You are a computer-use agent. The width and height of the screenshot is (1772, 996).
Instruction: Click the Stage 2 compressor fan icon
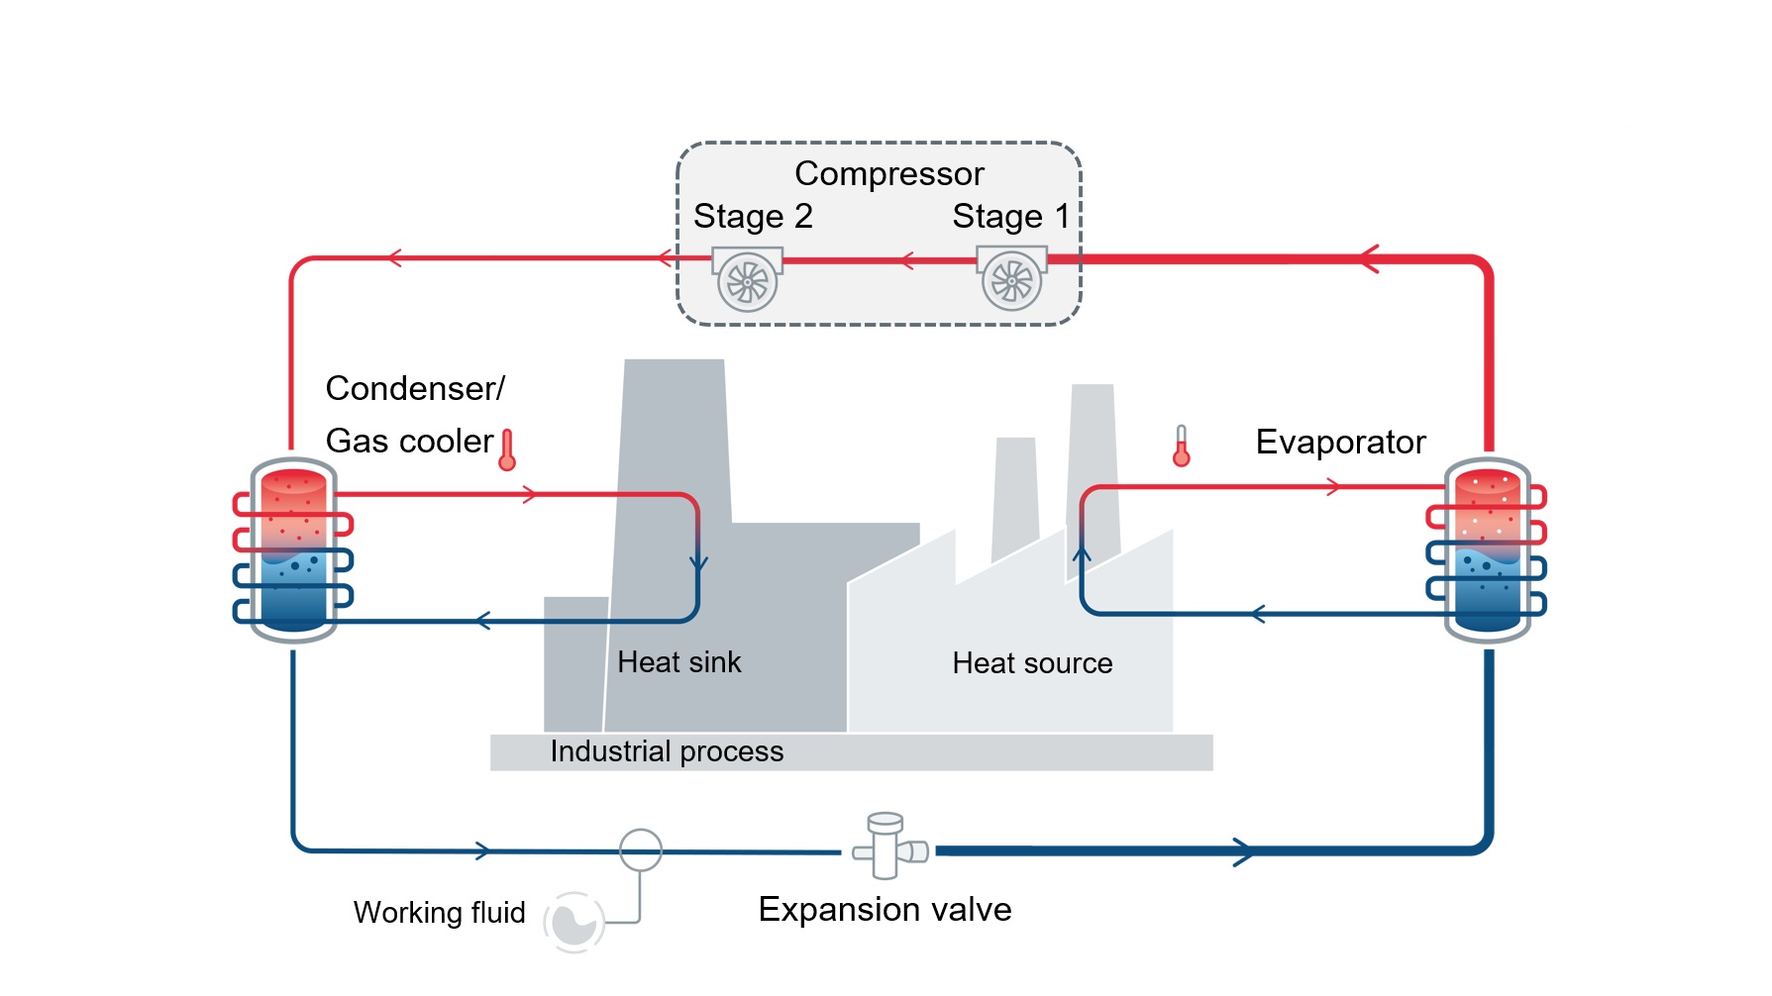[748, 279]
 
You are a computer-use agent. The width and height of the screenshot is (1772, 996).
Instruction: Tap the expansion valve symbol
[888, 847]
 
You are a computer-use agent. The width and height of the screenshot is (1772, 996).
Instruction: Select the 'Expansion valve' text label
[885, 909]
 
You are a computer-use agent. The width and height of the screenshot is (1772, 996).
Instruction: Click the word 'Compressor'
[889, 173]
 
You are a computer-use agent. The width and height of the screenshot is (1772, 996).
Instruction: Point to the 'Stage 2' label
[753, 216]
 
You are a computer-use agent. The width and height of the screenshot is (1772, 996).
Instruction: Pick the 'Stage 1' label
[1011, 216]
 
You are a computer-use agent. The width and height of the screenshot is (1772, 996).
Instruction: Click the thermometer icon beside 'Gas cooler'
[507, 449]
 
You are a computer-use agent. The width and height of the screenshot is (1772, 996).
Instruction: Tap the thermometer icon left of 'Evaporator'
[1181, 446]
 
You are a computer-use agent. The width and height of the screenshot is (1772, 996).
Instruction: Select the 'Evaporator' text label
[1341, 442]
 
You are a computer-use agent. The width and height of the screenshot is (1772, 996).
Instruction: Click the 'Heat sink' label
[678, 662]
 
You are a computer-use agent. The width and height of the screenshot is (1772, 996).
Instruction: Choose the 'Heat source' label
[1032, 663]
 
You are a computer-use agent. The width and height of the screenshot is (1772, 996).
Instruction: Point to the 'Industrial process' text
[667, 751]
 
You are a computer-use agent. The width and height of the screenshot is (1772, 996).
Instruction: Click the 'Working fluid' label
[439, 912]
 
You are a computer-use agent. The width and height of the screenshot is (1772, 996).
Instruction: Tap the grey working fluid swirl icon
[573, 922]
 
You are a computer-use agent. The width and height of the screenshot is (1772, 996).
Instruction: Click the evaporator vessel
[1488, 550]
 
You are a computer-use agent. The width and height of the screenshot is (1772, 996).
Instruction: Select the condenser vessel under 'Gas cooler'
[293, 550]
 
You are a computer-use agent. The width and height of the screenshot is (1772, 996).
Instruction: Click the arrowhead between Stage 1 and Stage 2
[905, 261]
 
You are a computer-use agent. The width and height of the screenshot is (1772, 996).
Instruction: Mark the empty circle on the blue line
[641, 849]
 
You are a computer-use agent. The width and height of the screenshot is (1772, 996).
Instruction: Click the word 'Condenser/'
[415, 388]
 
